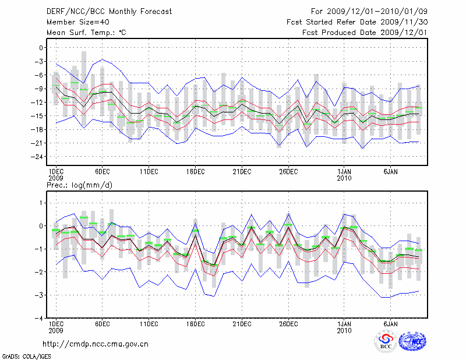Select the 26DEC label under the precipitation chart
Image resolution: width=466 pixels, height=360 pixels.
point(288,324)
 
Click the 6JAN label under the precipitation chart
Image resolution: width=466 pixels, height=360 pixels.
point(390,324)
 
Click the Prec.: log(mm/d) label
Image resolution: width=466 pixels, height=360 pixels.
point(79,185)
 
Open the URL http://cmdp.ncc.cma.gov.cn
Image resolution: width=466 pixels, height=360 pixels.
point(96,344)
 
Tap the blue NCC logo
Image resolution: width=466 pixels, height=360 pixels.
point(412,342)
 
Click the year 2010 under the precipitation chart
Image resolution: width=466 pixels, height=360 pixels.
point(344,330)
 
